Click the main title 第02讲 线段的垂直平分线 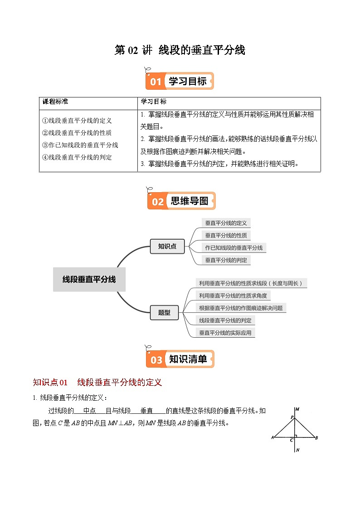[180, 50]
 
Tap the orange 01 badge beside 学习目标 [156, 82]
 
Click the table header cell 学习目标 [154, 102]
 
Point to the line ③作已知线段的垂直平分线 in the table [80, 145]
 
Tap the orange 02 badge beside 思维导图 [157, 201]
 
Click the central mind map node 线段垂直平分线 [89, 280]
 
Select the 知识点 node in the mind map [167, 247]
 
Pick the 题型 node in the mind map [164, 312]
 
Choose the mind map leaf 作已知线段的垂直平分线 [234, 248]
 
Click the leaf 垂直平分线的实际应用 [225, 333]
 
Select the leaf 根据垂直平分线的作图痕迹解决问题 [241, 308]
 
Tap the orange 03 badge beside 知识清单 [156, 360]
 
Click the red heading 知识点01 [50, 383]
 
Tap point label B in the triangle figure [316, 437]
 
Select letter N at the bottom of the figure [297, 451]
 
